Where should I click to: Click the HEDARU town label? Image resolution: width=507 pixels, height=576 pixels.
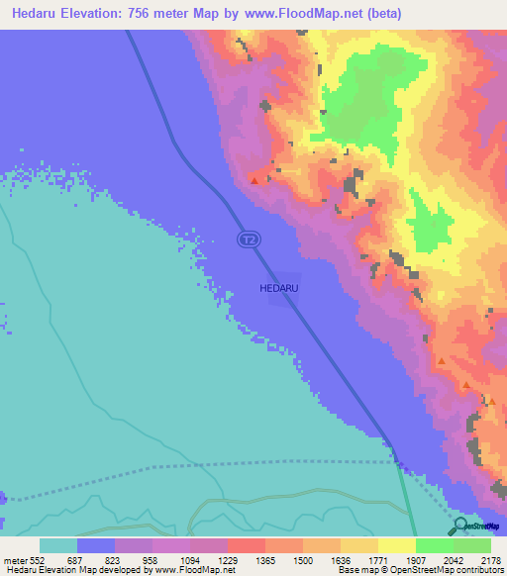pos(278,287)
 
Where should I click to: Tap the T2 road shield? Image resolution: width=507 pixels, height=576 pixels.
pos(249,239)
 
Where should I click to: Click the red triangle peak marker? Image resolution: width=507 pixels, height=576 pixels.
pos(255,180)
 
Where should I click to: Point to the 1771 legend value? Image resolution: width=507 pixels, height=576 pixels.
pos(381,560)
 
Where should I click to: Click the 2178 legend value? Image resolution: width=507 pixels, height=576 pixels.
pos(491,560)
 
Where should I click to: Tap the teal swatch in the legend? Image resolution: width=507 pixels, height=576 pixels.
pos(58,545)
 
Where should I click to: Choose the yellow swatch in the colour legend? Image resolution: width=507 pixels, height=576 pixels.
pos(397,545)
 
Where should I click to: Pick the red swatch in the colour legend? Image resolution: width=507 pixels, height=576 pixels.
pos(247,545)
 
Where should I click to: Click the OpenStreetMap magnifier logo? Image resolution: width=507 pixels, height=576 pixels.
pos(457,526)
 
